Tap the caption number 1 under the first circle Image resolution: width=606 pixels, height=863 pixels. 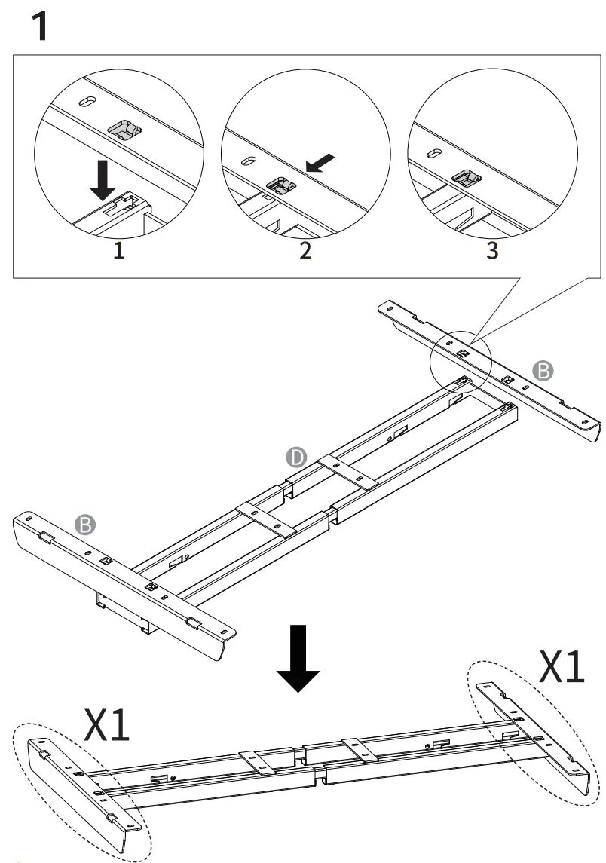click(118, 251)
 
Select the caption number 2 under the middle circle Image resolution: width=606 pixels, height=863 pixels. click(305, 251)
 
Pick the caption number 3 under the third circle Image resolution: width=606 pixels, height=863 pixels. click(492, 251)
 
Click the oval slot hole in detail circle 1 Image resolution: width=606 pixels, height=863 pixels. click(88, 102)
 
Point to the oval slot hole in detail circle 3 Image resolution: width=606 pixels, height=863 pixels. click(433, 153)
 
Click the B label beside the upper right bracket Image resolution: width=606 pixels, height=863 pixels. click(542, 369)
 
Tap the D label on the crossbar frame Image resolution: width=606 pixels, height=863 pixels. click(296, 457)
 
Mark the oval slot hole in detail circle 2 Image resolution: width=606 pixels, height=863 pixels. click(246, 160)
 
